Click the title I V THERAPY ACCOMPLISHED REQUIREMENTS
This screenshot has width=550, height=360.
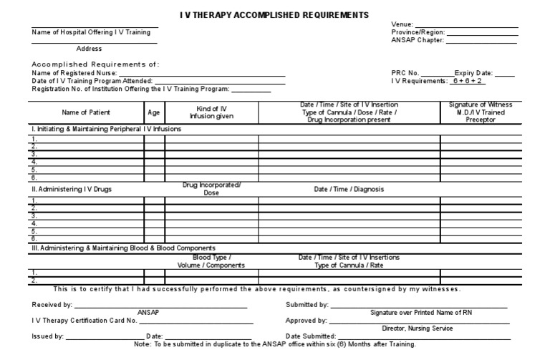[274, 15]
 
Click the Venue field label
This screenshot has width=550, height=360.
[402, 24]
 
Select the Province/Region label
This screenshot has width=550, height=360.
[418, 33]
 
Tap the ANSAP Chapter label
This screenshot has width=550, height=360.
[418, 41]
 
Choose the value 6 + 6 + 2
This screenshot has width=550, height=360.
[468, 82]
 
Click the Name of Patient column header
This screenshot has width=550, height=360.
[87, 112]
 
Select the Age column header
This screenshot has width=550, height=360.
[154, 112]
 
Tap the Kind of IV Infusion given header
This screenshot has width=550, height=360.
[211, 112]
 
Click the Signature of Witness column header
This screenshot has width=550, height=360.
[481, 112]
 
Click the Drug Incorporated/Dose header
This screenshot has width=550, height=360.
[211, 189]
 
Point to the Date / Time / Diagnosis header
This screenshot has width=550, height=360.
[349, 190]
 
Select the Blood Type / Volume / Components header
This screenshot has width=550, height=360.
[211, 261]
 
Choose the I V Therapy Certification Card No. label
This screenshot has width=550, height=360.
[85, 321]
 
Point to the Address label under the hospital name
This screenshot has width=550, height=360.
[89, 49]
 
